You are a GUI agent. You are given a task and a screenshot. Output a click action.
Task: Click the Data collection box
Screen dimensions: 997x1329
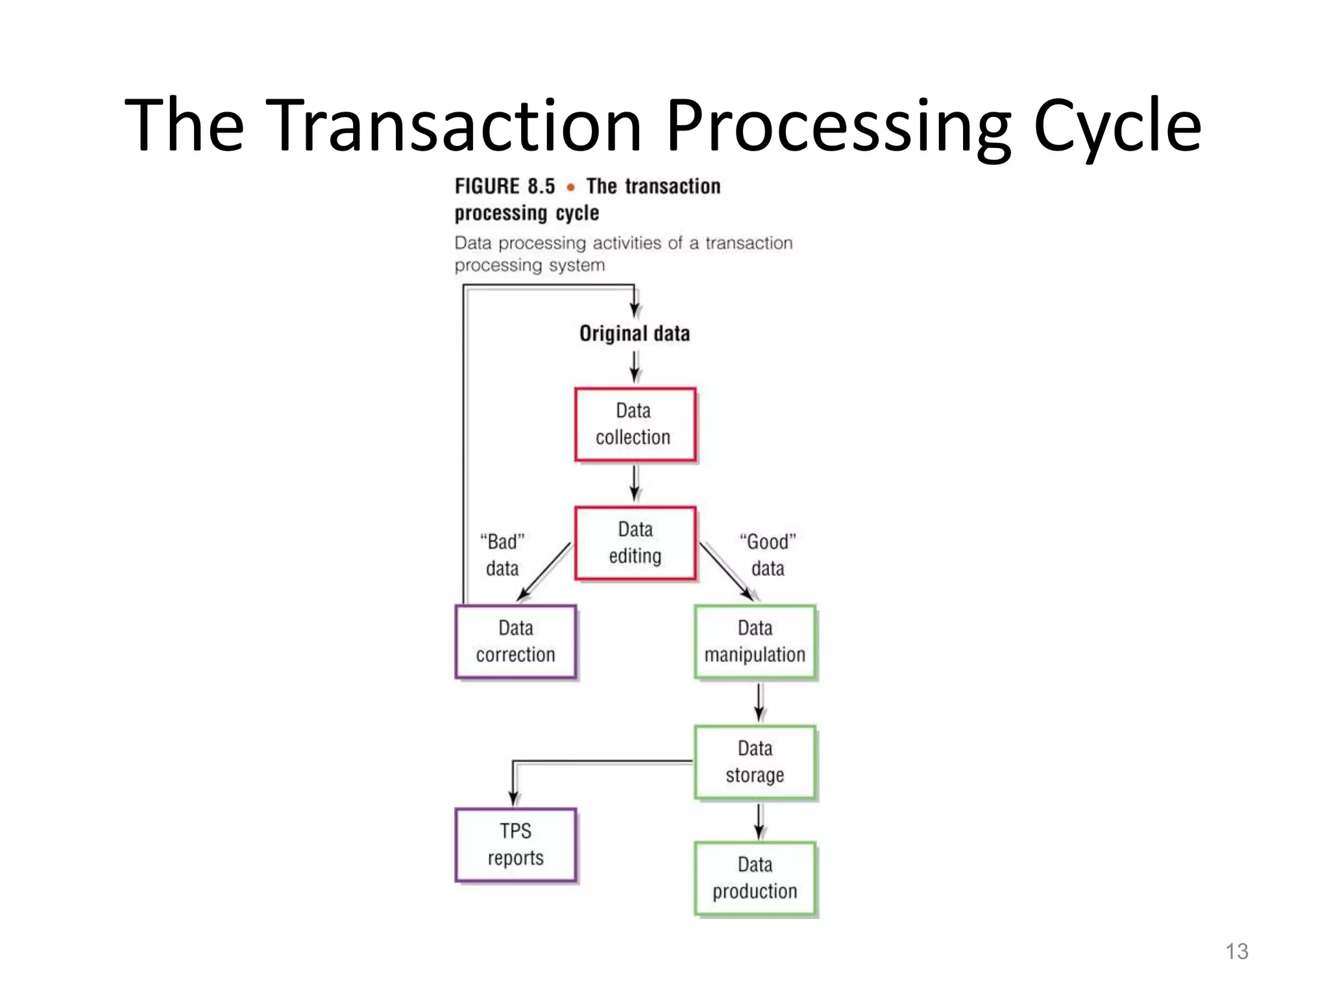635,425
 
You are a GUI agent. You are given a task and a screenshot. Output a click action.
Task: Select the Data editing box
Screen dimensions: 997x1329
635,543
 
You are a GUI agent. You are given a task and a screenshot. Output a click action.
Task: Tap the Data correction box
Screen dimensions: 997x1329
515,642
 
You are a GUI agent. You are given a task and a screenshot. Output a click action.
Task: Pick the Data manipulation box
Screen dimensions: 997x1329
755,642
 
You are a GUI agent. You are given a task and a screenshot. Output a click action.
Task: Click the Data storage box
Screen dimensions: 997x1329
755,762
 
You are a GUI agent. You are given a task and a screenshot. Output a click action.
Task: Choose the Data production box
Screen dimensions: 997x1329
755,878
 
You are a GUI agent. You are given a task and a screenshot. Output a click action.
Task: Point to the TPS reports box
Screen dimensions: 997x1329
515,844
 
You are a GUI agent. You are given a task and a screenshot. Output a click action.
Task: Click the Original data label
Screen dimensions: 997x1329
634,334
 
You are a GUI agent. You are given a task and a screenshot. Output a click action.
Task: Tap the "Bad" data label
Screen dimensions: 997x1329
502,555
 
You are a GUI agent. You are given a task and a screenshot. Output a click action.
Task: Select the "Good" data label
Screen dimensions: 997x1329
768,555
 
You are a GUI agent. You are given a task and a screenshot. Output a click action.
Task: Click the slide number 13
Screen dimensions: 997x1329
1236,951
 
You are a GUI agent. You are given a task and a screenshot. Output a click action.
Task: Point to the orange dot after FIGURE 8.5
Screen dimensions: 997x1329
570,188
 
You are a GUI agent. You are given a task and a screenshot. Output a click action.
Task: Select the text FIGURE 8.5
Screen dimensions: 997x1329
505,187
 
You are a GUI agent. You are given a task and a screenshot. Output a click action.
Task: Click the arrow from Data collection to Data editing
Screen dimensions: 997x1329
635,483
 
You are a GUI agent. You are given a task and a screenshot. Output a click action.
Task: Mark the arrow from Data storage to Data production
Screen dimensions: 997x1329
759,821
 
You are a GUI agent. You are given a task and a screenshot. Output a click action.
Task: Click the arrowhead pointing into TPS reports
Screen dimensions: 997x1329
513,798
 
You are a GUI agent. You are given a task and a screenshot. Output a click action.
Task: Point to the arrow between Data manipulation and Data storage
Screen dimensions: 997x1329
759,702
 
